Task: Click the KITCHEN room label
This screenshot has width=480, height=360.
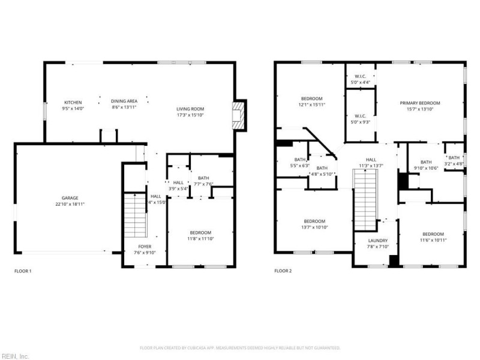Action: tap(73, 102)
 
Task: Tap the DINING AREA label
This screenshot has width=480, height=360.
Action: tap(124, 101)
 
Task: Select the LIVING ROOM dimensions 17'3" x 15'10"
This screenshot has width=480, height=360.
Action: tap(190, 115)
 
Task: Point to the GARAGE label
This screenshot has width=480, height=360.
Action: tap(70, 198)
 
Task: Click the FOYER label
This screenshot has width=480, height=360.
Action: tap(145, 247)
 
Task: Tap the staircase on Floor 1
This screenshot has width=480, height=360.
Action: tap(136, 216)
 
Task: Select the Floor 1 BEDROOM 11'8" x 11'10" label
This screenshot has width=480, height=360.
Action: tap(200, 233)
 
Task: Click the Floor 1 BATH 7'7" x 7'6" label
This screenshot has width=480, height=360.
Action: tap(202, 178)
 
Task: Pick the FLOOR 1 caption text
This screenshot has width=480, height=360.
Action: tap(23, 271)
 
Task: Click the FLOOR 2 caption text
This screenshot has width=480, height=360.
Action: tap(283, 271)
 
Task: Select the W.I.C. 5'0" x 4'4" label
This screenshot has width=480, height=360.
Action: tap(360, 76)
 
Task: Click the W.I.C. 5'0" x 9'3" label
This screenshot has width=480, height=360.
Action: tap(360, 116)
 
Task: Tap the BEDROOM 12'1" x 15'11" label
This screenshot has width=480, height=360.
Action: tap(311, 98)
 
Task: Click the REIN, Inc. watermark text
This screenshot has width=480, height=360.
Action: tap(15, 356)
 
